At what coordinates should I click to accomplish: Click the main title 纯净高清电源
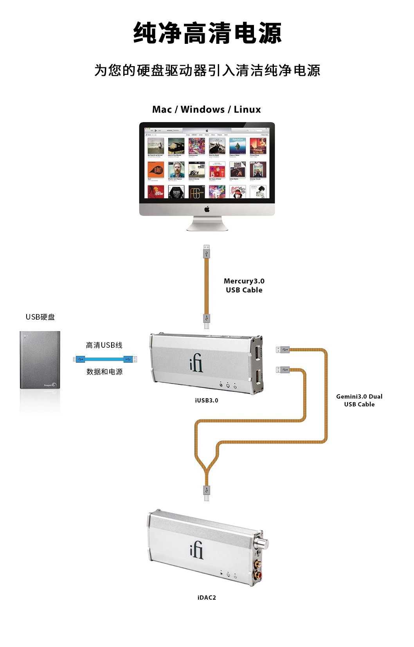pos(207,33)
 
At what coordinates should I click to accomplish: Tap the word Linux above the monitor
pos(247,110)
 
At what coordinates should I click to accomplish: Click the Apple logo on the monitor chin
pos(207,210)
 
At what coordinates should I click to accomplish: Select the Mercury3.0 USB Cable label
pos(244,286)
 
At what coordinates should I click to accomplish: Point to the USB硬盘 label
pos(40,317)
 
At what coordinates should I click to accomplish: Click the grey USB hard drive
pos(40,360)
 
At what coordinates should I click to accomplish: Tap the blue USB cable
pos(105,359)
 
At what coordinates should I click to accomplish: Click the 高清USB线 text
pos(104,345)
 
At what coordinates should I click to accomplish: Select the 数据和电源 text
pos(104,372)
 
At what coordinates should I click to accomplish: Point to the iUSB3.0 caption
pos(207,401)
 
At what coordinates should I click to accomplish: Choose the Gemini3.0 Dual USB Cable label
pos(359,401)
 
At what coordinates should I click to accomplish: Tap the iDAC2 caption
pos(207,598)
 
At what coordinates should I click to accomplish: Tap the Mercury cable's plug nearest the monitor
pos(207,252)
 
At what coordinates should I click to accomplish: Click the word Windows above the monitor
pos(203,110)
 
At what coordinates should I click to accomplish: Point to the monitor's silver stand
pos(207,223)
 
